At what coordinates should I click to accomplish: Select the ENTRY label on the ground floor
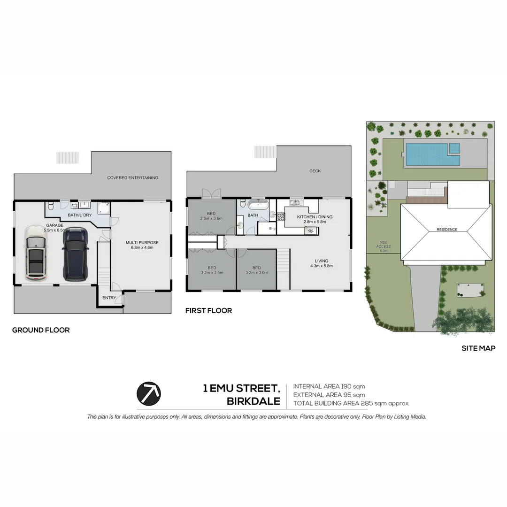[x=109, y=298]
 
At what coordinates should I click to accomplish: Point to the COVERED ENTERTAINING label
[x=132, y=178]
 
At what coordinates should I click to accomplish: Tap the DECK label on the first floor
[x=315, y=171]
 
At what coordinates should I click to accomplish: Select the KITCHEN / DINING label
[x=315, y=217]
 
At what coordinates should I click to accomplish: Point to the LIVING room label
[x=322, y=261]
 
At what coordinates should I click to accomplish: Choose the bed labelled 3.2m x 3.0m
[x=256, y=269]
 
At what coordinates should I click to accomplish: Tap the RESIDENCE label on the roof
[x=446, y=230]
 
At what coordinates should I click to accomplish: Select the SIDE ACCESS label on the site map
[x=384, y=245]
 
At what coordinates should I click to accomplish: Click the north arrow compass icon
[x=148, y=393]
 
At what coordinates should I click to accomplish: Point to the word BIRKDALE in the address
[x=253, y=402]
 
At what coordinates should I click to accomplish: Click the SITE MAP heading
[x=478, y=348]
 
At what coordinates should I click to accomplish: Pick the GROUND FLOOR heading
[x=41, y=330]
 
